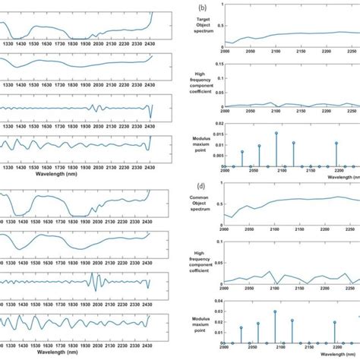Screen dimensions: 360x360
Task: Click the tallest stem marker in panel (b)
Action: [276, 133]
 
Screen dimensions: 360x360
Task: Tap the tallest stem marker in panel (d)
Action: [275, 311]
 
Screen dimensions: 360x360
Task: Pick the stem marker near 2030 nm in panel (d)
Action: [242, 327]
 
